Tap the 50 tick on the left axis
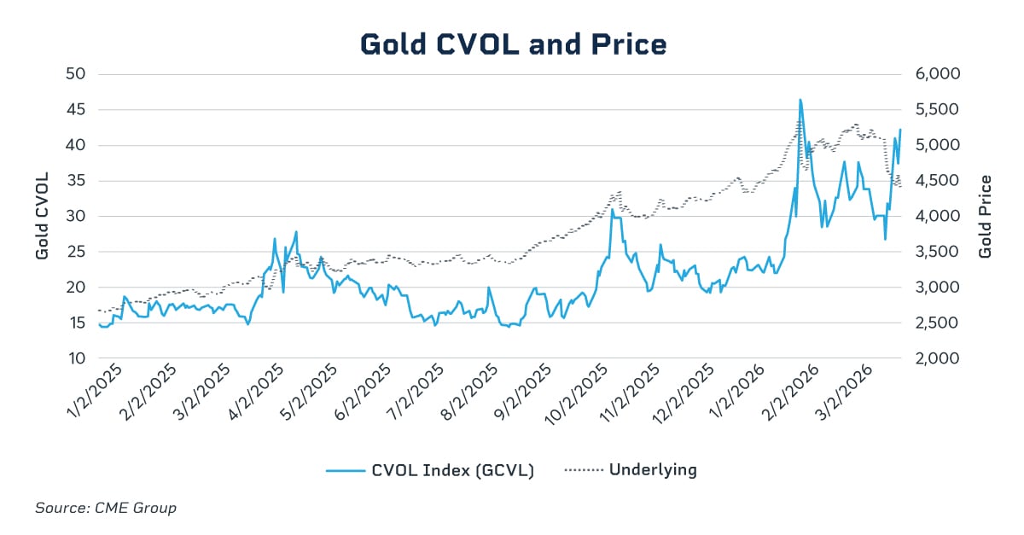(76, 74)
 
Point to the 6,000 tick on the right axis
(938, 74)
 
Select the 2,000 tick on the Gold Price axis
(938, 358)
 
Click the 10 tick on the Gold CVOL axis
(76, 358)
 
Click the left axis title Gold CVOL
(41, 216)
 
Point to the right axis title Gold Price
(985, 216)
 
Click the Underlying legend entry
(631, 470)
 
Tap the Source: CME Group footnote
(106, 508)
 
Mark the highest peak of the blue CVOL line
(800, 100)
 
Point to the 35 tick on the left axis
(76, 181)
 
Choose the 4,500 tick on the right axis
(938, 181)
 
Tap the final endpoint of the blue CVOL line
(900, 130)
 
